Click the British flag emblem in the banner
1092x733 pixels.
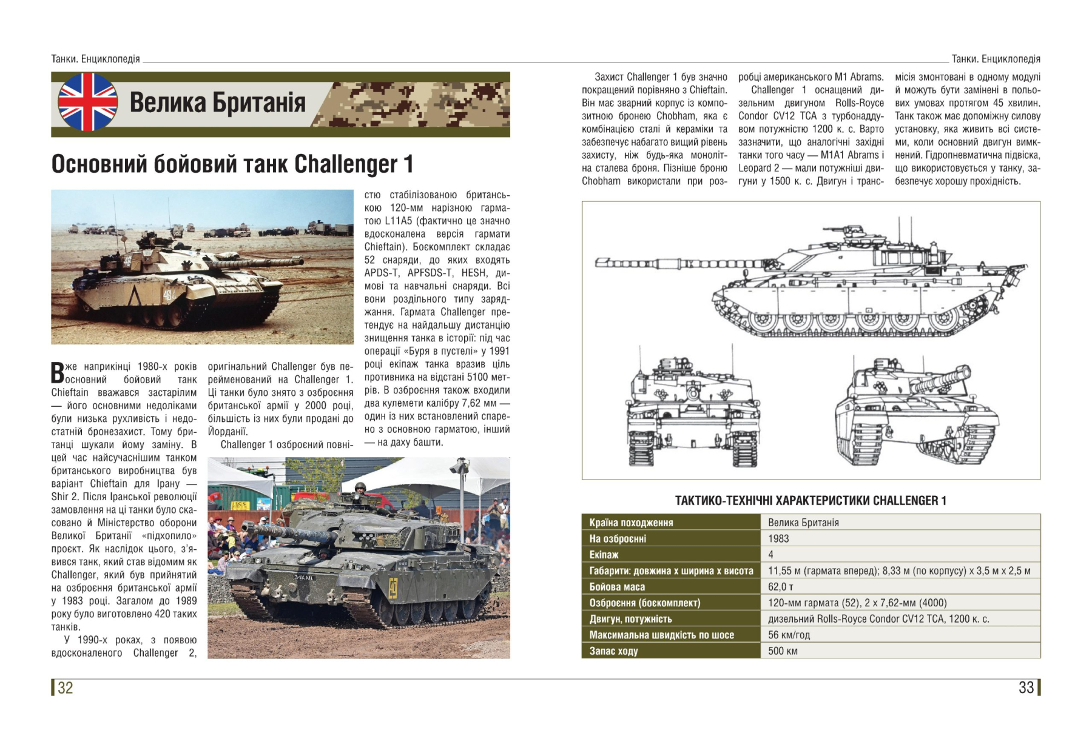(87, 102)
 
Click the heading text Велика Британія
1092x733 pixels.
(217, 102)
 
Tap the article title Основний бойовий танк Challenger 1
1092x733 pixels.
(232, 164)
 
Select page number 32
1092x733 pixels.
(65, 688)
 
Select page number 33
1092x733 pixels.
(1026, 688)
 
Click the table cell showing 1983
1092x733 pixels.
(778, 538)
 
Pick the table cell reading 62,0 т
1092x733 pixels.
(780, 587)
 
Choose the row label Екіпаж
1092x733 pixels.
(604, 555)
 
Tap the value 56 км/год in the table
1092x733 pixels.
(789, 635)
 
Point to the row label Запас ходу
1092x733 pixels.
(613, 651)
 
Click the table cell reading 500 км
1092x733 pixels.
(783, 651)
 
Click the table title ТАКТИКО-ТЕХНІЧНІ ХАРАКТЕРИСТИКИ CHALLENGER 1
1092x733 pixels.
(811, 501)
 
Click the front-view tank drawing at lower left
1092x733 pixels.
(692, 412)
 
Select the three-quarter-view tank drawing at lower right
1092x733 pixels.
(916, 412)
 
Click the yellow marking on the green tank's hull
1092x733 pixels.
(393, 587)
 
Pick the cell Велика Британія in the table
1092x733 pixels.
(803, 523)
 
